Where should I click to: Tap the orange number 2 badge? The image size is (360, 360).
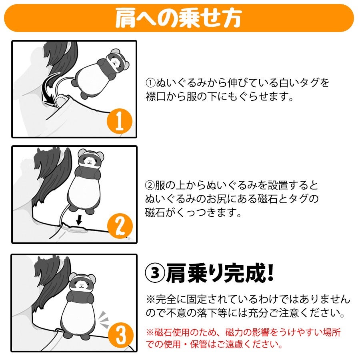(120, 226)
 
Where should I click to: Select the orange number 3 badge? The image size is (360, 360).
(120, 336)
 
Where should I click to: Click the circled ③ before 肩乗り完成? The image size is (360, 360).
(155, 273)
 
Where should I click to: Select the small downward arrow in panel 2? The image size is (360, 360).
(79, 220)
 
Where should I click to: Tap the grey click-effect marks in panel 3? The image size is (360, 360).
(104, 320)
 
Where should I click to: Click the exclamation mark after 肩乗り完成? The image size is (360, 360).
(270, 272)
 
